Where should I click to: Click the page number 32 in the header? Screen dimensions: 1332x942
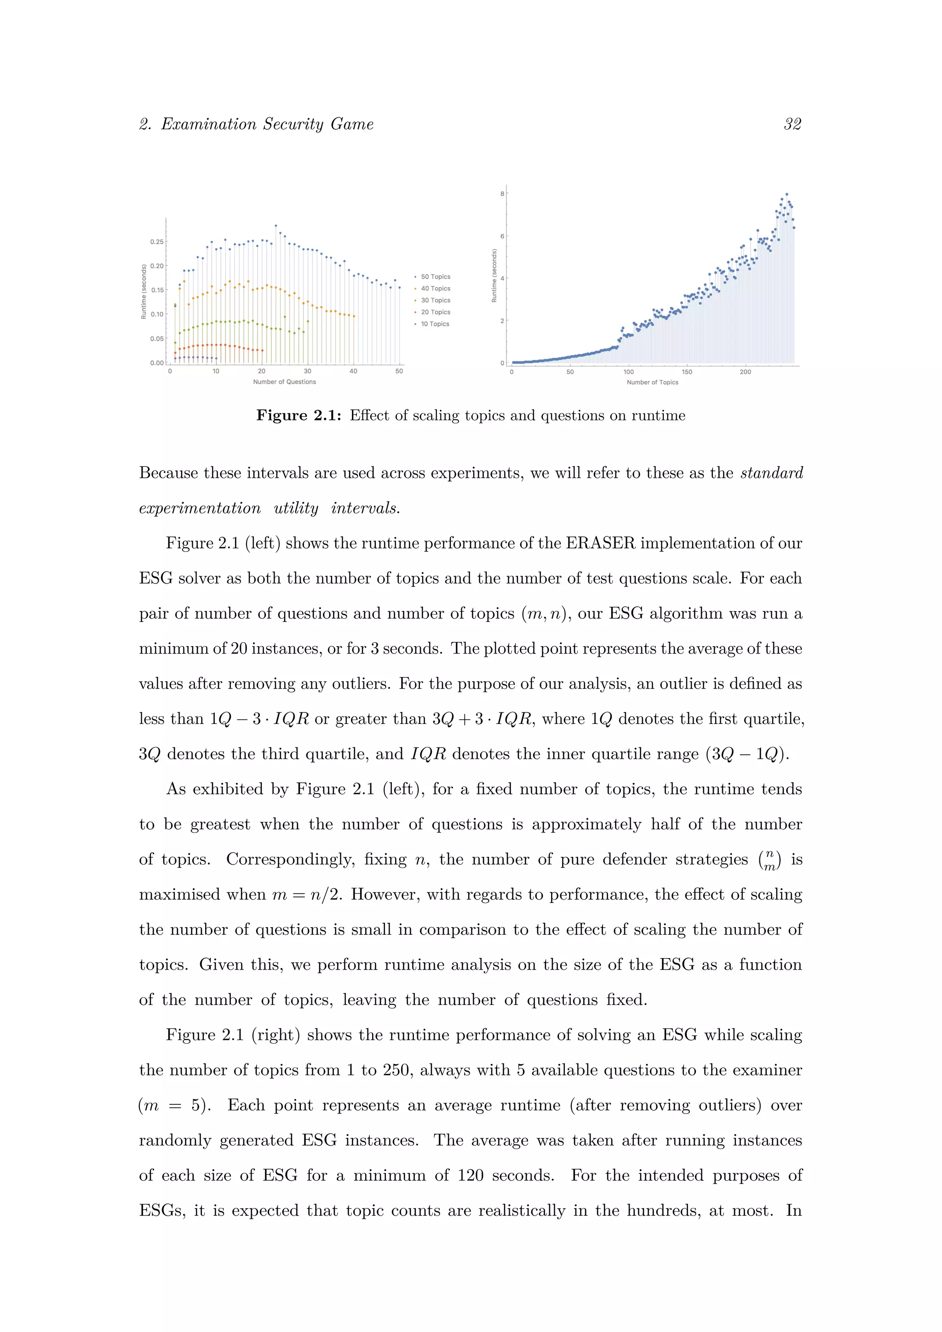point(793,124)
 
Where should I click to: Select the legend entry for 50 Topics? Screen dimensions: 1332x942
point(435,277)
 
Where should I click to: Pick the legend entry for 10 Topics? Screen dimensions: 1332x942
point(435,324)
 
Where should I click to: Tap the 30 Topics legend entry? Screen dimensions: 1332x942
point(435,300)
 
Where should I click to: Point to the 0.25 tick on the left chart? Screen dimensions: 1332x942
point(156,242)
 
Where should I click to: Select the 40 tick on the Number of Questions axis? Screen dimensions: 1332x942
point(353,371)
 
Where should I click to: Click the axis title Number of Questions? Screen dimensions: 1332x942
point(284,382)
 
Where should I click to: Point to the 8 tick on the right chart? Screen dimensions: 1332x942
point(502,194)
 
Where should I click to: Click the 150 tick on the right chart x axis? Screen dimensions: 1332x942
point(687,372)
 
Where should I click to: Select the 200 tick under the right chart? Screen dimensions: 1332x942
point(745,372)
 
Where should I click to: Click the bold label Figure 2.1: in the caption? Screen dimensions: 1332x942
point(299,416)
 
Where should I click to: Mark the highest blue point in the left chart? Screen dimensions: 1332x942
point(276,226)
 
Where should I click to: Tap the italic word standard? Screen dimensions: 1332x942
point(771,473)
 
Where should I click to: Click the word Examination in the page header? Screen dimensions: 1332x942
point(209,124)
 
